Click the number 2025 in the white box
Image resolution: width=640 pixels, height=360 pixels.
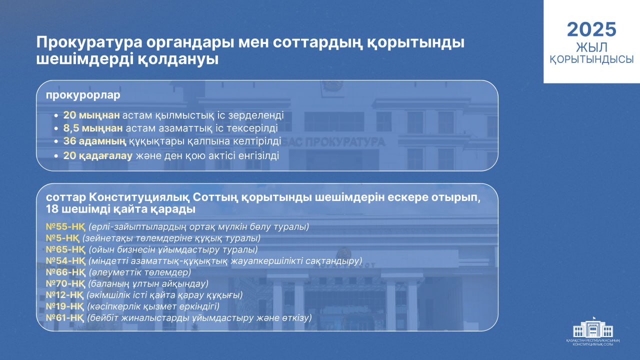point(591,29)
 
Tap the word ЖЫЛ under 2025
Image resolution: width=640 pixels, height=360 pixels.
point(591,47)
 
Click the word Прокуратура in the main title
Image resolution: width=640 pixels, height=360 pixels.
point(89,42)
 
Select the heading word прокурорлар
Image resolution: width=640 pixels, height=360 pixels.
point(83,95)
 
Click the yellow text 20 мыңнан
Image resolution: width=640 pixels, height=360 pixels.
point(91,115)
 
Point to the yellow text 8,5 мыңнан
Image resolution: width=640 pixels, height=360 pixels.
point(93,128)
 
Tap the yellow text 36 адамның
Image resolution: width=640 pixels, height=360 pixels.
point(94,141)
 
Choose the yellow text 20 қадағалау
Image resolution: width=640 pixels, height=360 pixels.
point(97,155)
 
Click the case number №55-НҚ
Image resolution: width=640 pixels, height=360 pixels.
point(65,227)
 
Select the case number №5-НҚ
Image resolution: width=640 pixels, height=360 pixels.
point(62,238)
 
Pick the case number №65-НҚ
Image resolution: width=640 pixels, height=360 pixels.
point(65,249)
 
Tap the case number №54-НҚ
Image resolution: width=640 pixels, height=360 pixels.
point(65,261)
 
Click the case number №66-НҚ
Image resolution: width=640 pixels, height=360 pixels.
point(65,272)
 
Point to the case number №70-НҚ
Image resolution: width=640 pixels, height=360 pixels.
point(65,284)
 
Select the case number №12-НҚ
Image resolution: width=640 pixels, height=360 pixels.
point(65,295)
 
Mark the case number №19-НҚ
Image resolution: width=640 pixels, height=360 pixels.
point(65,306)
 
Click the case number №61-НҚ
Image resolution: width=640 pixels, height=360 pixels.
point(65,318)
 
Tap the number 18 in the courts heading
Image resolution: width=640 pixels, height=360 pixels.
point(52,209)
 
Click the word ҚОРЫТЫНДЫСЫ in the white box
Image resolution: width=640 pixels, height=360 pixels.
point(591,59)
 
